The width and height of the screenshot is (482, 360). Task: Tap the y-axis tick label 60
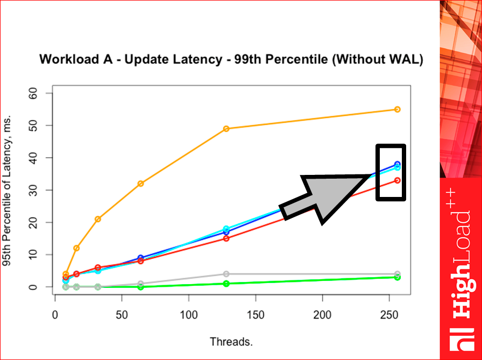click(x=34, y=93)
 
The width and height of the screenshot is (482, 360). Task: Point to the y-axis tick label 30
click(x=34, y=190)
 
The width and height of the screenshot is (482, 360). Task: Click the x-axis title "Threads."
click(x=231, y=342)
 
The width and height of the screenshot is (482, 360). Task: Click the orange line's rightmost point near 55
click(x=398, y=109)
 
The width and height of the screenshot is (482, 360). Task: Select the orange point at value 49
click(x=226, y=129)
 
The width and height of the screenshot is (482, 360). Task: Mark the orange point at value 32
click(x=140, y=183)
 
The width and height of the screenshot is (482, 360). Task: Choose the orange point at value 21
click(x=98, y=219)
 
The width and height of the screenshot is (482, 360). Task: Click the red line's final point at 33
click(x=398, y=180)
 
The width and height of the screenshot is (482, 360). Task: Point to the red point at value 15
click(x=226, y=238)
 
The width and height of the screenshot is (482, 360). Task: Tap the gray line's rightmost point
click(x=398, y=274)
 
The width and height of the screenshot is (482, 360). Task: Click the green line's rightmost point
click(x=398, y=278)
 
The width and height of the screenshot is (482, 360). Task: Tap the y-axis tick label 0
click(x=34, y=287)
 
